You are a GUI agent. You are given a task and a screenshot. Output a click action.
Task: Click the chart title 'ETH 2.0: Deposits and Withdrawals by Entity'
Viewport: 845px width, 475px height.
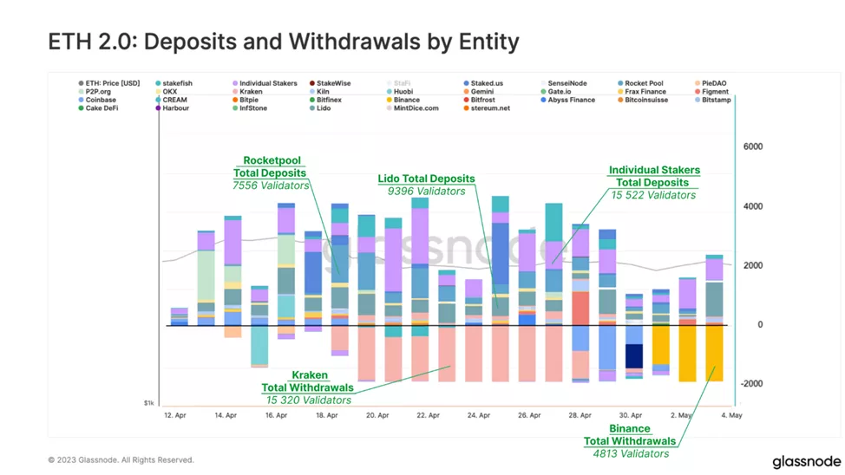(283, 41)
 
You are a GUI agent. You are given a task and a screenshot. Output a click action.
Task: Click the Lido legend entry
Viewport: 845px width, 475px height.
(323, 108)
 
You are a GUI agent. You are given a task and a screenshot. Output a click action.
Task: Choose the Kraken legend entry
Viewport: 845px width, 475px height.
(251, 91)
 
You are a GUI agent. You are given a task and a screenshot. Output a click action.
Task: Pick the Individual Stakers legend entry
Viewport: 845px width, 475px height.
(267, 83)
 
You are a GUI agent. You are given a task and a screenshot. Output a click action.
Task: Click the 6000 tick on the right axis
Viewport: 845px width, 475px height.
(752, 147)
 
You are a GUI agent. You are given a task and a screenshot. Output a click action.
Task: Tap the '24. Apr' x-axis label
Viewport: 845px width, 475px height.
(479, 416)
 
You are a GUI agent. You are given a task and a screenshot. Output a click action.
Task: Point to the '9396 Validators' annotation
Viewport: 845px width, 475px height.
(422, 192)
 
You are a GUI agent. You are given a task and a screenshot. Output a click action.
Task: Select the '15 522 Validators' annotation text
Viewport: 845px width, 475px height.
(653, 195)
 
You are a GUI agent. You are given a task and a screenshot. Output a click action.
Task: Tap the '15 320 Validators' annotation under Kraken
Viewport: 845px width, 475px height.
(308, 400)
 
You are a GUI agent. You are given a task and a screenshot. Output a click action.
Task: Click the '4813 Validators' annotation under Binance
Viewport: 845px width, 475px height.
(631, 453)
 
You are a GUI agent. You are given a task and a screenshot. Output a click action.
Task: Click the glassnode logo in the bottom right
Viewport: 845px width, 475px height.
(806, 462)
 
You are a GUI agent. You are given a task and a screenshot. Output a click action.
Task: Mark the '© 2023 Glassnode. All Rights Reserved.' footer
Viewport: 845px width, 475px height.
(121, 460)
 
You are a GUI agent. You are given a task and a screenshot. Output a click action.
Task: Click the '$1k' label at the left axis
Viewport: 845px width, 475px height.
(149, 404)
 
